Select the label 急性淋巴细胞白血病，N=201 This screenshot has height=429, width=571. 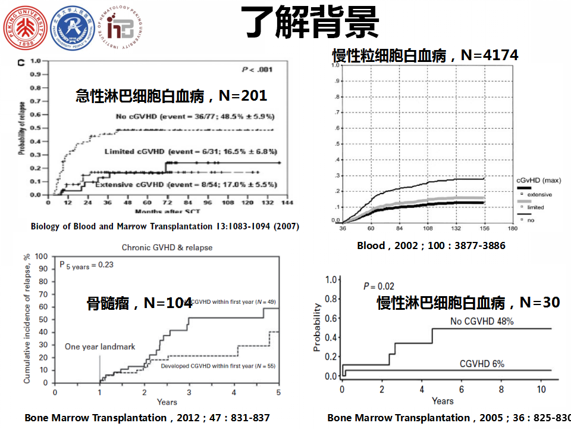pos(171,95)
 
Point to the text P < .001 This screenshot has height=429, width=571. pos(257,70)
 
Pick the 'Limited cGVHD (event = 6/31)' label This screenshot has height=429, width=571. pos(190,151)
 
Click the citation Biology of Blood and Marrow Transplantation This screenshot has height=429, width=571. pos(165,226)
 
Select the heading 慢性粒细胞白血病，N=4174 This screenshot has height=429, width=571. pos(425,55)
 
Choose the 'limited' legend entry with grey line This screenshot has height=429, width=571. pos(535,207)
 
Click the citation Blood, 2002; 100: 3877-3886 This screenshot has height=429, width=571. pos(431,245)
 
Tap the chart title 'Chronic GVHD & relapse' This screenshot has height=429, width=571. pos(167,247)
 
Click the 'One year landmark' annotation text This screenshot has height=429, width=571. pos(100,346)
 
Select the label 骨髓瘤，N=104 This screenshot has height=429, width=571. pos(139,303)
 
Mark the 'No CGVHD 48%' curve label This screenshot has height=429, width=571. pos(482,321)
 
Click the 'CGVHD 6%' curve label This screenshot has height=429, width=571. pos(482,363)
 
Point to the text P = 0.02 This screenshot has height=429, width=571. pos(379,286)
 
